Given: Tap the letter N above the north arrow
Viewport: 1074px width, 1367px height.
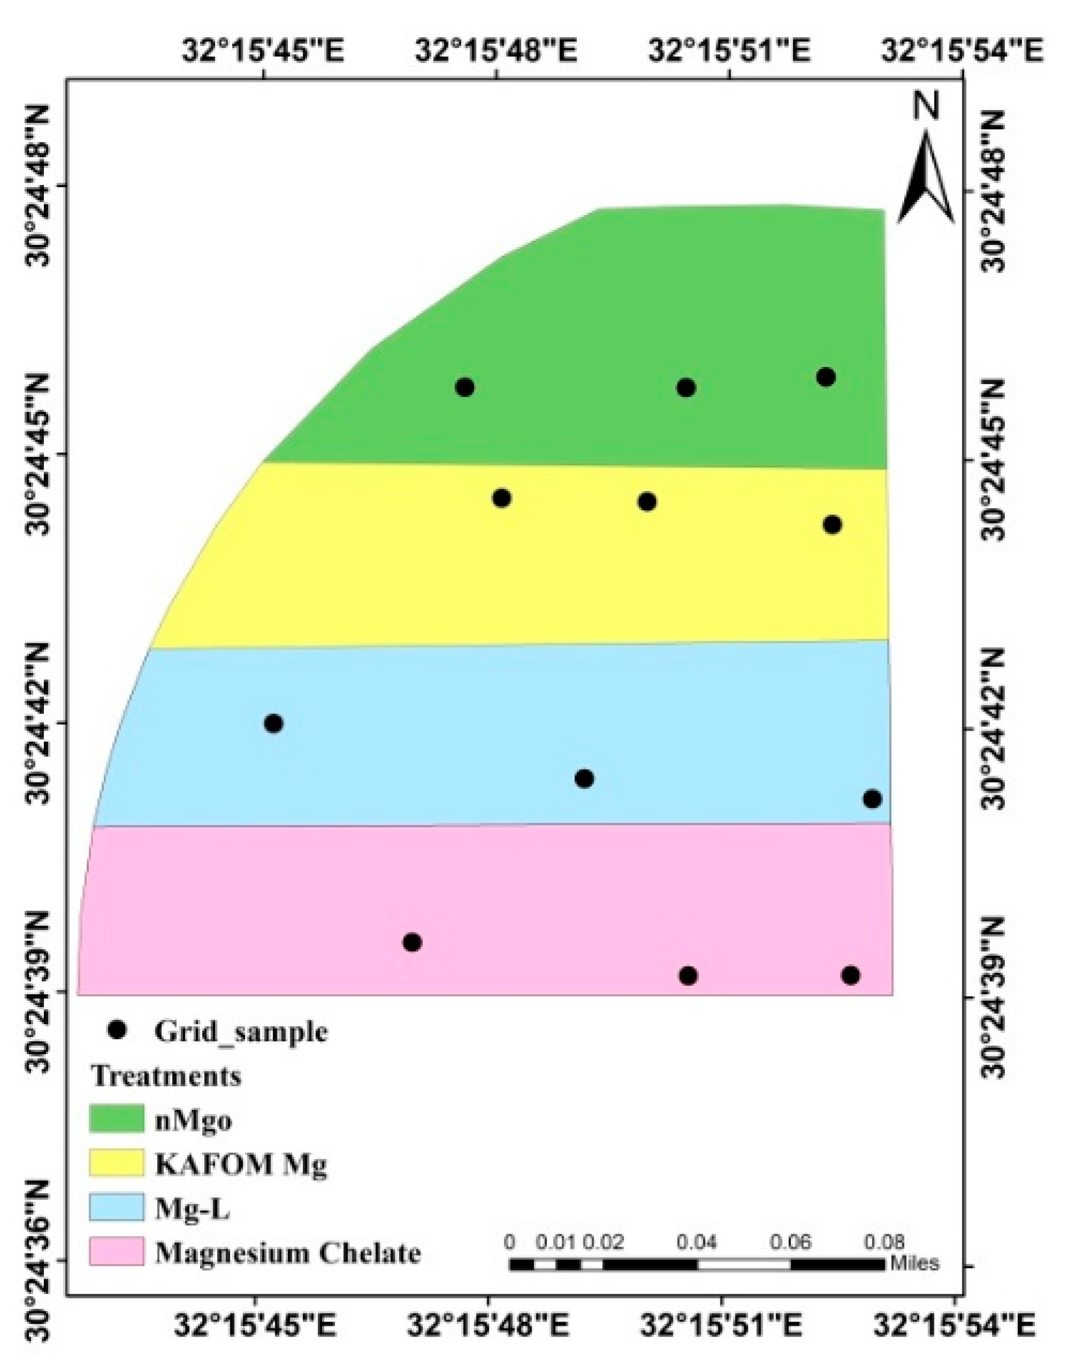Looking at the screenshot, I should tap(926, 107).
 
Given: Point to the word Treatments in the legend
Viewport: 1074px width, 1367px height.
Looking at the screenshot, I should tap(166, 1076).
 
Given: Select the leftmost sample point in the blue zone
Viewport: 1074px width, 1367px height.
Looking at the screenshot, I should tap(273, 723).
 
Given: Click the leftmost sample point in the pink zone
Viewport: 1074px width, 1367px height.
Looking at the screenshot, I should tap(412, 942).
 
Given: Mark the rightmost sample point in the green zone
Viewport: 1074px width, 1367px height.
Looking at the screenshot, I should tap(826, 377).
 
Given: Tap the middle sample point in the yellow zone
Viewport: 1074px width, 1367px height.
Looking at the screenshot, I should tap(647, 502).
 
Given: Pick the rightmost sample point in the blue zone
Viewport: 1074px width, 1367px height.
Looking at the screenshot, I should tap(872, 799).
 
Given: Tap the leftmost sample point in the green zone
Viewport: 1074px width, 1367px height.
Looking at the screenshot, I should tap(465, 387).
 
